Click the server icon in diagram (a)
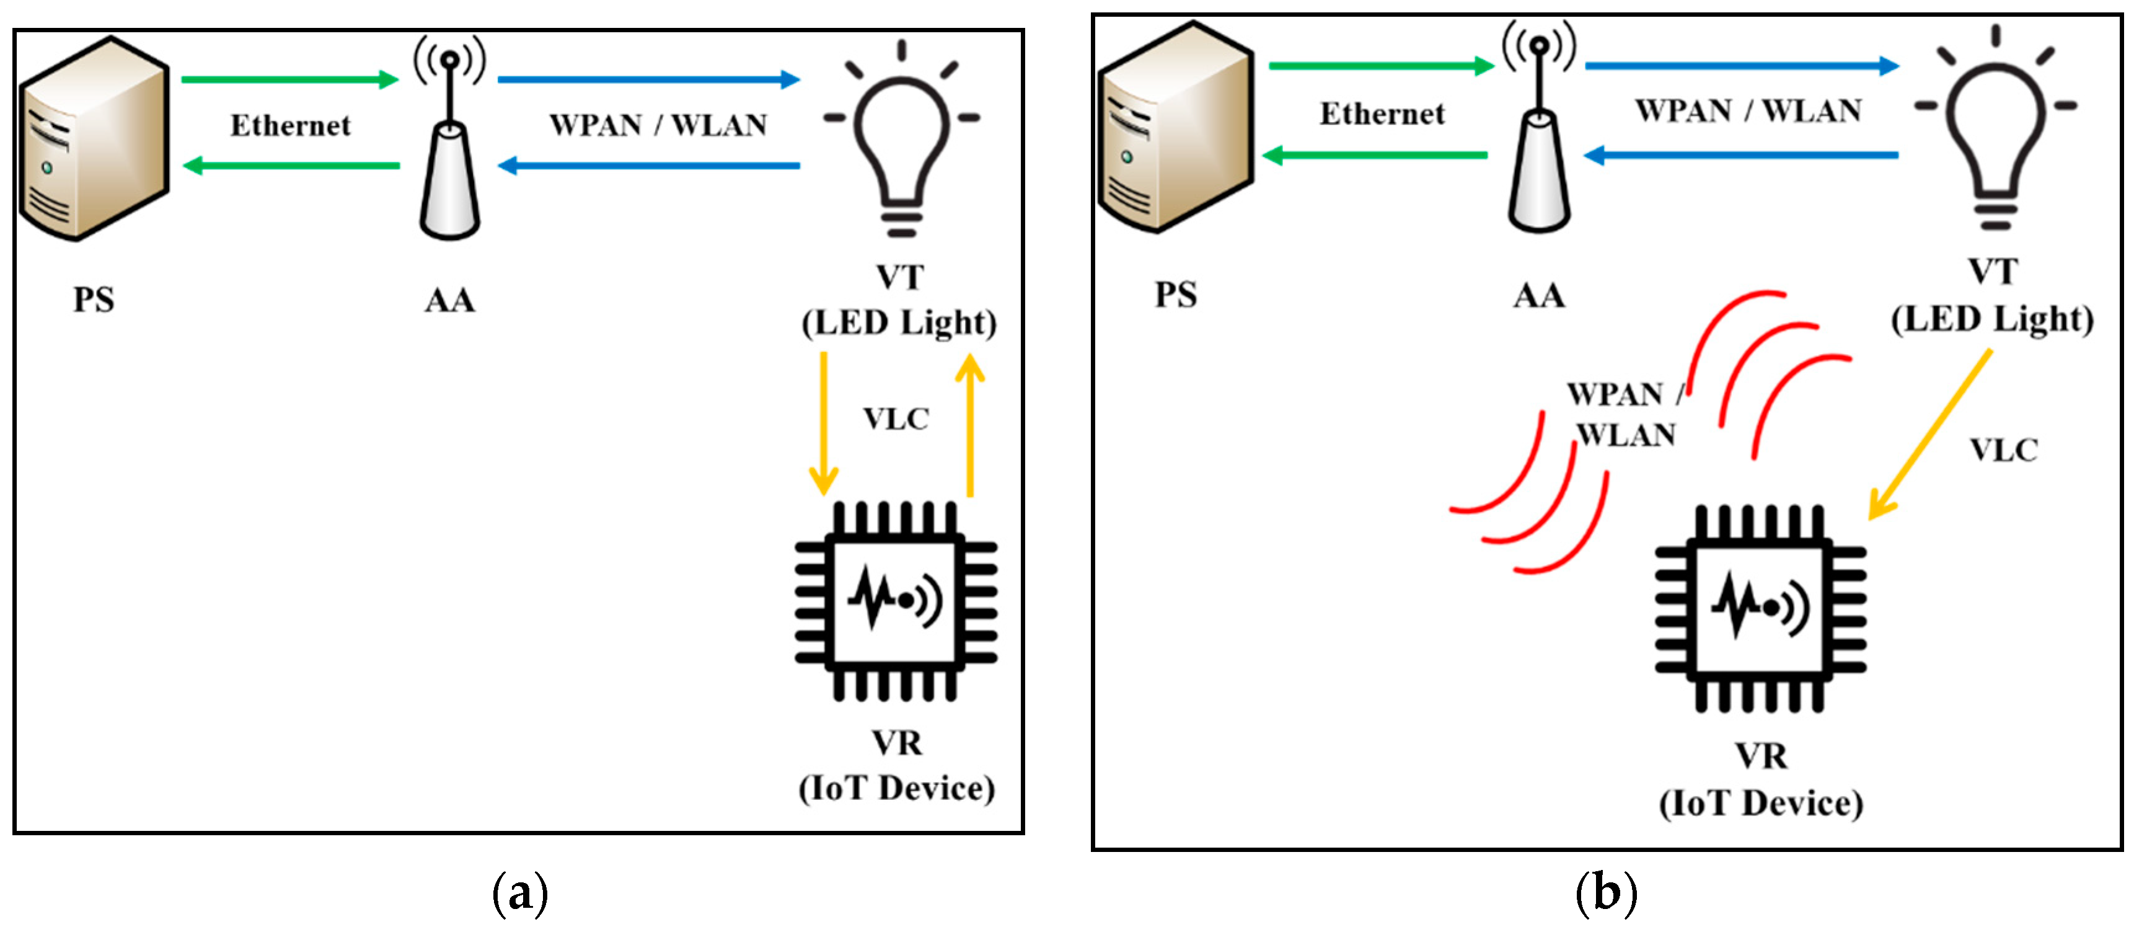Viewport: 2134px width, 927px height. click(94, 139)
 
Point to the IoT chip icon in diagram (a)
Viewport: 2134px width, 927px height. click(896, 601)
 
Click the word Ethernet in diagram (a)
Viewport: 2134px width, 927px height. click(291, 125)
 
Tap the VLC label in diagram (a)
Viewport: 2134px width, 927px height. click(896, 419)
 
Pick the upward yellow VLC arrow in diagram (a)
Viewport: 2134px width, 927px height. click(970, 425)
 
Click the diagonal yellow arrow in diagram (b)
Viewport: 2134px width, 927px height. click(1929, 435)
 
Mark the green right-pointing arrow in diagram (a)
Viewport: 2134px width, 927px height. click(290, 79)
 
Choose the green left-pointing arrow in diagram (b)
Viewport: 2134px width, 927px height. click(1375, 155)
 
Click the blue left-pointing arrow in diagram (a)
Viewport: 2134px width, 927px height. click(649, 166)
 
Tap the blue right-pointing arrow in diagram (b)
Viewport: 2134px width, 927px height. click(1743, 66)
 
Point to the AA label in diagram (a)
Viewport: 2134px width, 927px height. click(450, 300)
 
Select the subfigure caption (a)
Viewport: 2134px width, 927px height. click(520, 893)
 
